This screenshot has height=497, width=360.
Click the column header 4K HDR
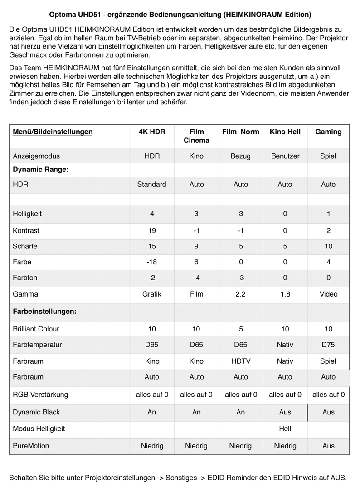click(151, 132)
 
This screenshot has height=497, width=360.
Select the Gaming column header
click(328, 132)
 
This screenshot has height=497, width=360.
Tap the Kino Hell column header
click(285, 132)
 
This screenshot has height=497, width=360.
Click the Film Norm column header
click(241, 132)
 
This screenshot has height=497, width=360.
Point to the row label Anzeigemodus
click(36, 156)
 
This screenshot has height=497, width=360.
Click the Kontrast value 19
click(151, 230)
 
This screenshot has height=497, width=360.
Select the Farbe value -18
click(151, 262)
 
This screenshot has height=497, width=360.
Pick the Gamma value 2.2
click(241, 294)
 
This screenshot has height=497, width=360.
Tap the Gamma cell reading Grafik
click(151, 294)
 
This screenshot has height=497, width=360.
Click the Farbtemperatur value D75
click(328, 345)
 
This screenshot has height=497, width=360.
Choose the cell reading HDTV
click(241, 361)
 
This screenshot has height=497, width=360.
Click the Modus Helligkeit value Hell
click(285, 429)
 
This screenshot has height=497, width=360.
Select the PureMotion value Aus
click(328, 446)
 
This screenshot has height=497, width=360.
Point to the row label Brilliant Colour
click(36, 329)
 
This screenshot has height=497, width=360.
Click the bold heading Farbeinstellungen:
click(44, 312)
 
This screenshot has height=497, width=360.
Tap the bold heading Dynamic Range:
click(40, 170)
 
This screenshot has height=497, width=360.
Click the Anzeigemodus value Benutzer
click(285, 156)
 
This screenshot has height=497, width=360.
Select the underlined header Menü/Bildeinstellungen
click(53, 132)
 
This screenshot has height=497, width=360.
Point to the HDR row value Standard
click(151, 184)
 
